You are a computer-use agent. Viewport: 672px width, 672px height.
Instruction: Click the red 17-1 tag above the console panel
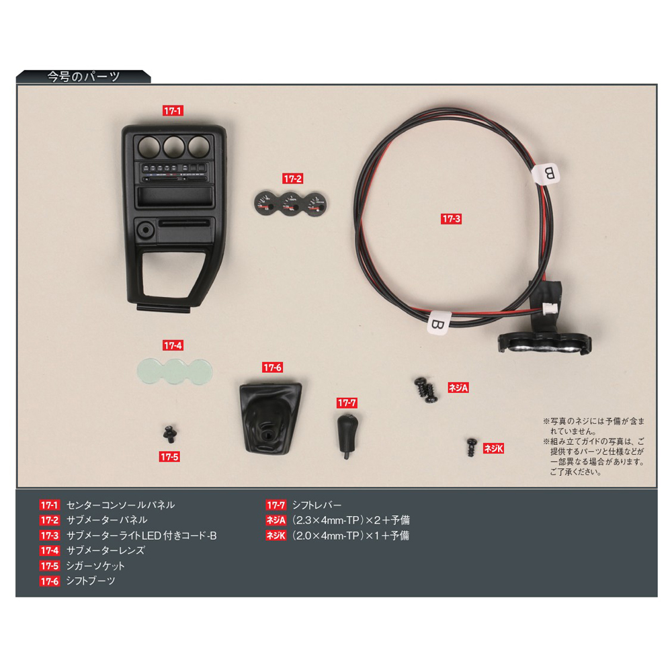tap(173, 111)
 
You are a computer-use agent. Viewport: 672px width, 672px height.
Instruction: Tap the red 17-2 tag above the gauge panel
tap(293, 178)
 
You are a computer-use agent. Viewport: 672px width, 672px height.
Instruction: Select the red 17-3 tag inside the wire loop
tap(451, 218)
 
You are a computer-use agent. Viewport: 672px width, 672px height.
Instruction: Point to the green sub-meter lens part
tap(175, 371)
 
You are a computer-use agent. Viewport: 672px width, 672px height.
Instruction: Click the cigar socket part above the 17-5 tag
tap(170, 433)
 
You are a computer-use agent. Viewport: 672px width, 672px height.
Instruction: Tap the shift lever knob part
tap(347, 435)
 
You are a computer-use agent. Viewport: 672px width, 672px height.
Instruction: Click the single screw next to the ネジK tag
tap(472, 447)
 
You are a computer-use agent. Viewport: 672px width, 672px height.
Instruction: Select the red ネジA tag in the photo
tap(458, 388)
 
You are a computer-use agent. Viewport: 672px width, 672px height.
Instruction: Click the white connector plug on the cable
tap(548, 308)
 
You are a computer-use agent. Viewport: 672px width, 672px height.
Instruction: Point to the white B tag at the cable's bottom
tap(438, 323)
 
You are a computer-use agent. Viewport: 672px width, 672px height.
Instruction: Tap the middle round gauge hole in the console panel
tap(174, 146)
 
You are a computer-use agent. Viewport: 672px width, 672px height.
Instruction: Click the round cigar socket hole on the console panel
tap(146, 230)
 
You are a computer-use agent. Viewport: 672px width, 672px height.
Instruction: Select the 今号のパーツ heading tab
tap(83, 77)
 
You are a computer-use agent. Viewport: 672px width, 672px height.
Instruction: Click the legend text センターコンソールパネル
tap(120, 505)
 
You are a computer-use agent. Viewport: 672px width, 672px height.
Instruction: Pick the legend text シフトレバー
tap(317, 505)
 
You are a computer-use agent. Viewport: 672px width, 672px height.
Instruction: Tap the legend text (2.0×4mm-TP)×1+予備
tap(350, 536)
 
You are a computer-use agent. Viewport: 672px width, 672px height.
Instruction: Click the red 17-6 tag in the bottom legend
tap(49, 581)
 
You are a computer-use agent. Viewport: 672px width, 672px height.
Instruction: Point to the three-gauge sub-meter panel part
tap(290, 204)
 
